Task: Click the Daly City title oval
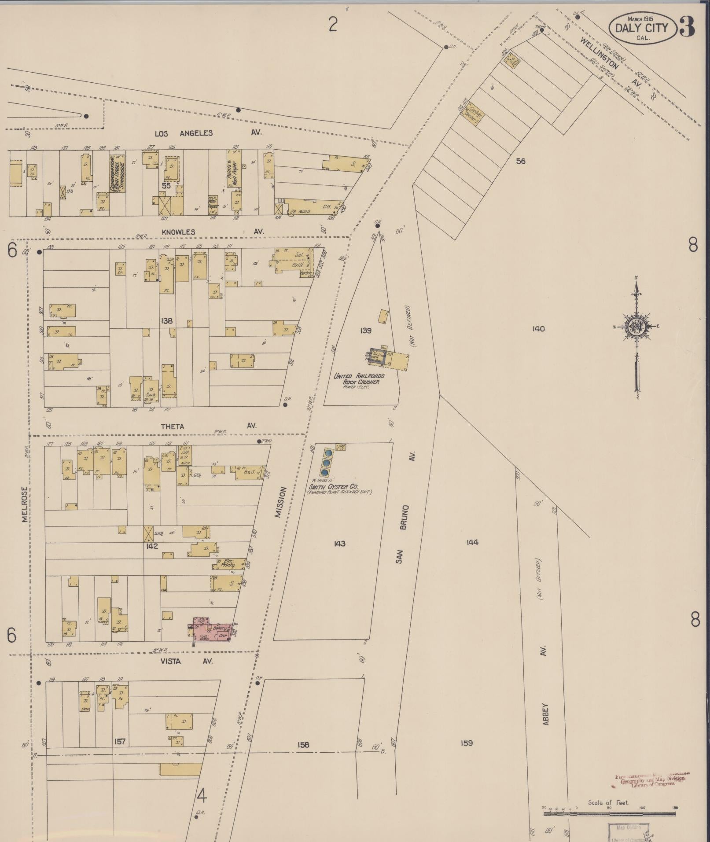click(x=641, y=28)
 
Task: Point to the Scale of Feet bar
click(x=609, y=814)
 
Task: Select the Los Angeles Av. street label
click(x=184, y=133)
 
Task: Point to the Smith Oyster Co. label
click(x=334, y=487)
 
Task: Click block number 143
click(x=339, y=544)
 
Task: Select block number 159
click(x=467, y=743)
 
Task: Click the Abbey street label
click(x=546, y=713)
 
